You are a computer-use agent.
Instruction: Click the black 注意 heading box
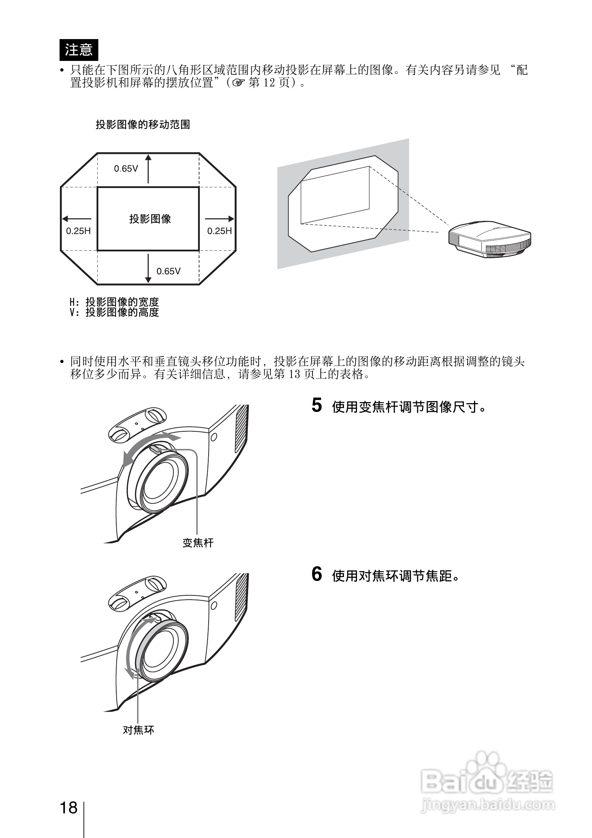coord(79,50)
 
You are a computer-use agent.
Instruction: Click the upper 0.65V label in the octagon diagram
coord(126,169)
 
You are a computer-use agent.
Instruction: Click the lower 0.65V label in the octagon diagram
coord(168,271)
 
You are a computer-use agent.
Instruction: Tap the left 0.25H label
coord(78,231)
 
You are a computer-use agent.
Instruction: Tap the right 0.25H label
coord(219,231)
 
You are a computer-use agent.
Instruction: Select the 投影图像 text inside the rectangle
coord(150,219)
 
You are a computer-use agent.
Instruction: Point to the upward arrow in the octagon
coord(148,169)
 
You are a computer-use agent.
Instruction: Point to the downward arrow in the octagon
coord(148,268)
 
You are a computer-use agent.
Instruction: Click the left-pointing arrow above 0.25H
coord(76,219)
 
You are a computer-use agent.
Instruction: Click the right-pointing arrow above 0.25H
coord(220,219)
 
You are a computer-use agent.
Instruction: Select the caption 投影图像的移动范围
coord(143,125)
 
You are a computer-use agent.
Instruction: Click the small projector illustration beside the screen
coord(489,239)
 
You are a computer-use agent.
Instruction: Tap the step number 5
coord(317,406)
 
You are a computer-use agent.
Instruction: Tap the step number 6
coord(317,574)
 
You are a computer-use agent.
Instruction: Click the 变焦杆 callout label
coord(198,543)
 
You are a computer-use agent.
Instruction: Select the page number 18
coord(69,808)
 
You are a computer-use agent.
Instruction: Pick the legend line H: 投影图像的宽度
coord(114,302)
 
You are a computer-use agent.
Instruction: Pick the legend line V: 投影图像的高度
coord(114,312)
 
